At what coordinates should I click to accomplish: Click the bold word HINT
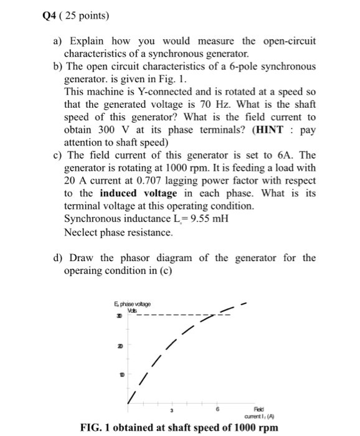(x=272, y=130)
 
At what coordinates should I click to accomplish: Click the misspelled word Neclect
(x=83, y=232)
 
